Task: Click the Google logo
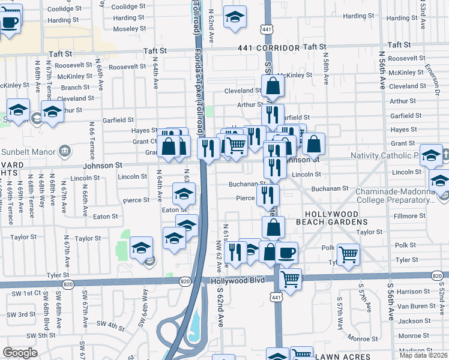coord(20,353)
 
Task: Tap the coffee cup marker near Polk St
coord(288,252)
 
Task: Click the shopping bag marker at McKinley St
coord(273,86)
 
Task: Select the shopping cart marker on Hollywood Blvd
coord(291,278)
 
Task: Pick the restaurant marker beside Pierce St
coord(268,194)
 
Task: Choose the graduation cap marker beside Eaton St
coord(184,194)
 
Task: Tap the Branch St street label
coord(75,87)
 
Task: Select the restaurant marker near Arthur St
coord(273,113)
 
